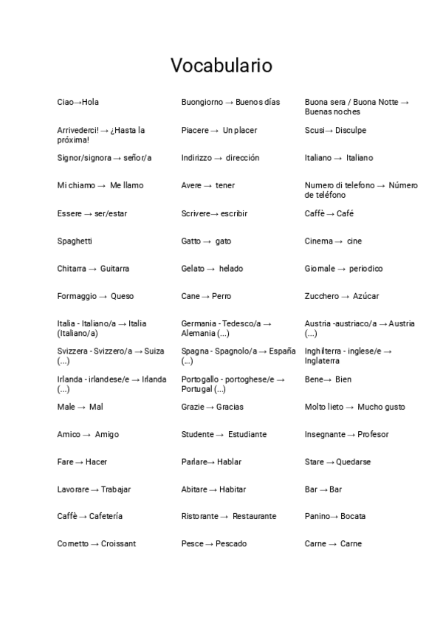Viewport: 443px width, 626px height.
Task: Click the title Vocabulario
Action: coord(221,66)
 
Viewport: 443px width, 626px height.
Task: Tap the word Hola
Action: coord(90,102)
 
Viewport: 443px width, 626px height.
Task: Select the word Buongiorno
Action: coord(202,102)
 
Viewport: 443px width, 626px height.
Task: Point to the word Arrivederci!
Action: coord(78,130)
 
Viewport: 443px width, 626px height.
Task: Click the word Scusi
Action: coord(315,130)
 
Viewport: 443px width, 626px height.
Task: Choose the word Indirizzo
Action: coord(196,158)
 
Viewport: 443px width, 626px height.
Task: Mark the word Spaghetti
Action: coord(75,241)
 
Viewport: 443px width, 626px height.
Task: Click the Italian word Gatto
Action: coord(190,241)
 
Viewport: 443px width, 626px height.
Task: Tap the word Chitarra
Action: coord(73,269)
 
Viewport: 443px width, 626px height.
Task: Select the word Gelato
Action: coord(193,269)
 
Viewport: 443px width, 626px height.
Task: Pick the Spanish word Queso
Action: coord(123,296)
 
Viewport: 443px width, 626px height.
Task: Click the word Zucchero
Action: coord(321,296)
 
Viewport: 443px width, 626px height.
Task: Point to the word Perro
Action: coord(221,296)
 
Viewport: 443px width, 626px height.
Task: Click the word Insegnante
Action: coord(325,434)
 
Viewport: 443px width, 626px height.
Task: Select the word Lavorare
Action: coord(73,489)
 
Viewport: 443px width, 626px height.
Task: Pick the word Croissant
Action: coord(119,544)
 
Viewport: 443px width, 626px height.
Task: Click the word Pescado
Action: coord(231,544)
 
